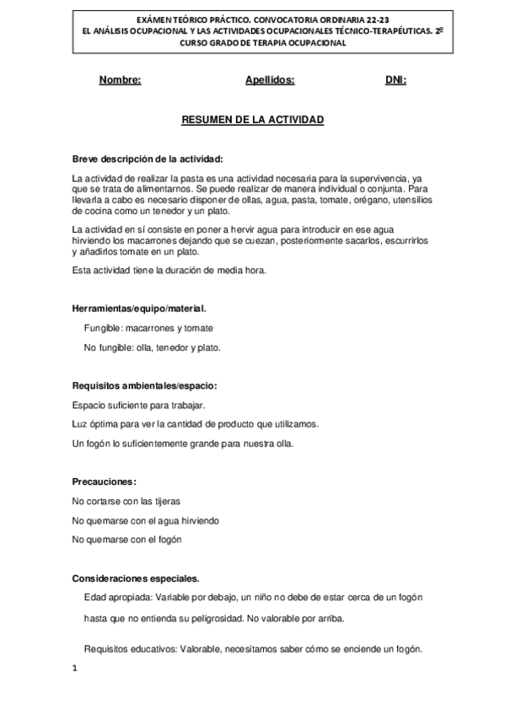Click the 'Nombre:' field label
point(120,80)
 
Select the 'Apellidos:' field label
point(269,80)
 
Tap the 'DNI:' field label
point(395,80)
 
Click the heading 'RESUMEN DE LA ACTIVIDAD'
point(253,121)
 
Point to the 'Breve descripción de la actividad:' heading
point(148,159)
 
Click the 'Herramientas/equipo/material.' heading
point(140,309)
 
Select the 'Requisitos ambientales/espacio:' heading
point(145,385)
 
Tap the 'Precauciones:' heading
point(105,481)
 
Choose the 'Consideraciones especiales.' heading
point(137,578)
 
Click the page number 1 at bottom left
point(75,669)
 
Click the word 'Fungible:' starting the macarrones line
point(103,328)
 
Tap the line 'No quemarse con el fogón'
point(127,539)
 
